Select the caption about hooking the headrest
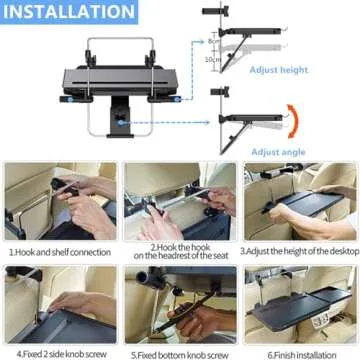[x=179, y=252]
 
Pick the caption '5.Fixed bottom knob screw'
[x=178, y=353]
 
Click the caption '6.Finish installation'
[x=299, y=353]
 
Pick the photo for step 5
[x=179, y=304]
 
